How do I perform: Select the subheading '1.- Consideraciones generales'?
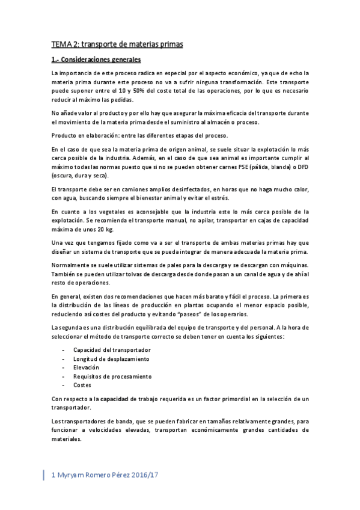coord(96,60)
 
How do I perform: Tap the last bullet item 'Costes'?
coord(82,385)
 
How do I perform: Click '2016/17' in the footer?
coord(147,475)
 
